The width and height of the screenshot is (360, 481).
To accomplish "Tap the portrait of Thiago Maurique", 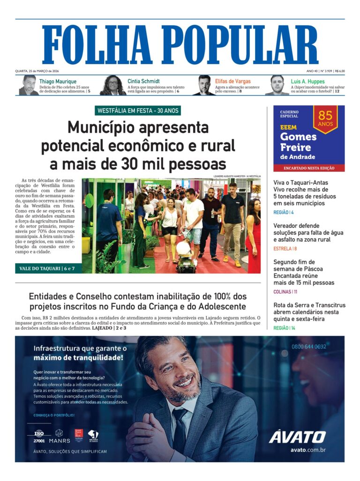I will click(29, 85).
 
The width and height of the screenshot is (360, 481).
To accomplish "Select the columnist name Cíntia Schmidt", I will click(143, 81).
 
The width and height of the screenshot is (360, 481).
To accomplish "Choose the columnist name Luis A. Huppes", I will click(307, 81).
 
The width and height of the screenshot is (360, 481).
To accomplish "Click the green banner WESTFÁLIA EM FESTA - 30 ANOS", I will click(137, 111).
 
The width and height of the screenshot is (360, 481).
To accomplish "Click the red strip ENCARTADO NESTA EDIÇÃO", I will click(309, 168).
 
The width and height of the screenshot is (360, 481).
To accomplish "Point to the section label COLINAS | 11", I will click(285, 292).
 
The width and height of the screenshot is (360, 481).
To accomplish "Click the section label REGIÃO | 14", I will click(284, 328).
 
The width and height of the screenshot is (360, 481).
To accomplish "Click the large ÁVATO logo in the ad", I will click(297, 437).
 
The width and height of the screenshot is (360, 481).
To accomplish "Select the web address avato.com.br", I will click(308, 450).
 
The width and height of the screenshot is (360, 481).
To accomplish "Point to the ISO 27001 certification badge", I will click(39, 436).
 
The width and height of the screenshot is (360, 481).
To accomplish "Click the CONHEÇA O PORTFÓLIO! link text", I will click(54, 415).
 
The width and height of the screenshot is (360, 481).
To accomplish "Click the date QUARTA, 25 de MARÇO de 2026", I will click(37, 71).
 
